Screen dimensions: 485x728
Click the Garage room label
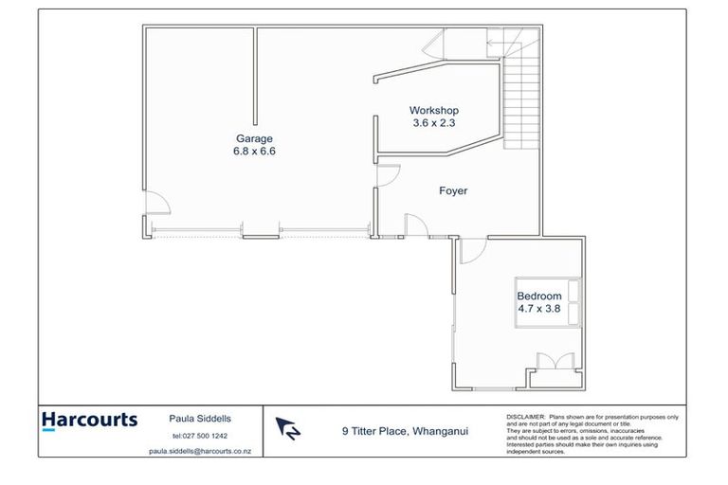coord(253,138)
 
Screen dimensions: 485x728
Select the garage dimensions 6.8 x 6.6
coord(253,151)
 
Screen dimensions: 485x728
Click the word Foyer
coord(453,190)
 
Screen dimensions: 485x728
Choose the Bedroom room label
coord(538,296)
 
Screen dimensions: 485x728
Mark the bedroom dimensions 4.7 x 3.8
coord(538,308)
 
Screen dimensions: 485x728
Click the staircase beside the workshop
coord(519,99)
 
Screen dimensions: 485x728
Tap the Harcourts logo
coord(90,422)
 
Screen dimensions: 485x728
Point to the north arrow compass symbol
coord(288,429)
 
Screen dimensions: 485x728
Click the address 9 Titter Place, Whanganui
coord(405,431)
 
